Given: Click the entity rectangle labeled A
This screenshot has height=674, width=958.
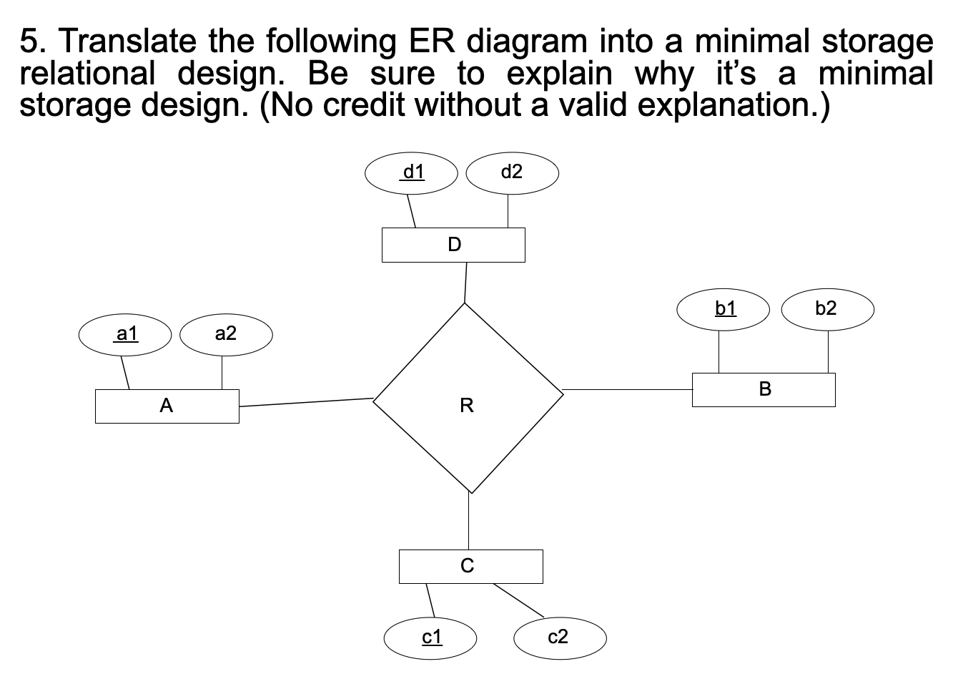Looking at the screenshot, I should pyautogui.click(x=167, y=406).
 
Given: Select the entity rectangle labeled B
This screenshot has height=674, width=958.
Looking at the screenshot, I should pyautogui.click(x=764, y=390).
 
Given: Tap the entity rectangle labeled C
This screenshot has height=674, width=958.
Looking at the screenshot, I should pyautogui.click(x=470, y=566).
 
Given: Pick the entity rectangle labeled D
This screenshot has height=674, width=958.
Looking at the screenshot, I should pyautogui.click(x=453, y=245).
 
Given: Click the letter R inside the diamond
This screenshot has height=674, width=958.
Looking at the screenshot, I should pyautogui.click(x=467, y=406).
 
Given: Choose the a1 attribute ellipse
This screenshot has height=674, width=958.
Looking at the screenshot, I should pyautogui.click(x=125, y=334).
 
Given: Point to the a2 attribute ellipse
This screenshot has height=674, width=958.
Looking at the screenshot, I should pyautogui.click(x=226, y=334).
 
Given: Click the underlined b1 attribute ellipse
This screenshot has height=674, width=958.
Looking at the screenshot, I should pyautogui.click(x=724, y=309).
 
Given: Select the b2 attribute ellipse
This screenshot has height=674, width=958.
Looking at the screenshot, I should pyautogui.click(x=827, y=309).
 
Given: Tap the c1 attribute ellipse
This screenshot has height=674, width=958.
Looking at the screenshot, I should pyautogui.click(x=430, y=637).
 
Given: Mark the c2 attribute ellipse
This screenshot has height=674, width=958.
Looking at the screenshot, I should pyautogui.click(x=560, y=637).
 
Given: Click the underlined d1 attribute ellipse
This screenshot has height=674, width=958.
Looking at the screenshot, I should pyautogui.click(x=411, y=172).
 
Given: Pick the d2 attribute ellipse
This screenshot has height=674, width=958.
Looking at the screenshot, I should pyautogui.click(x=512, y=172).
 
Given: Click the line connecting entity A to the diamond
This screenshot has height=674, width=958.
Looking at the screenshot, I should pyautogui.click(x=306, y=402).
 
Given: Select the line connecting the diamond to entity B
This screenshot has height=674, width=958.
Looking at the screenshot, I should pyautogui.click(x=627, y=390).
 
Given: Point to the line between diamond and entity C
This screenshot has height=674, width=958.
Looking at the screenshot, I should pyautogui.click(x=470, y=521).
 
